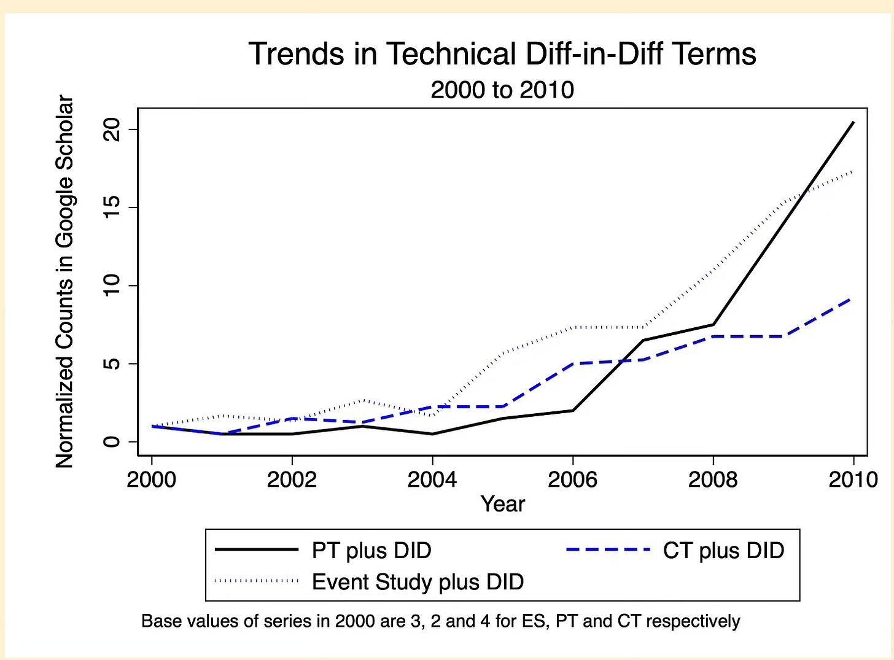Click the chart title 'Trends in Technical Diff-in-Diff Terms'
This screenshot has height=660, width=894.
pyautogui.click(x=502, y=54)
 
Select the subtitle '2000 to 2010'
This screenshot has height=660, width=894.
pyautogui.click(x=502, y=90)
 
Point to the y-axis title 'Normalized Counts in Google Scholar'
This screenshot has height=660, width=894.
pyautogui.click(x=64, y=282)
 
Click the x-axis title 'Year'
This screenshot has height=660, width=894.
pyautogui.click(x=502, y=504)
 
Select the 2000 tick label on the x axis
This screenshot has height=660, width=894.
pyautogui.click(x=152, y=479)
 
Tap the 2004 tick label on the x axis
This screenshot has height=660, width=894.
pyautogui.click(x=432, y=479)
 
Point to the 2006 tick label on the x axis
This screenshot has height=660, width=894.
pyautogui.click(x=572, y=479)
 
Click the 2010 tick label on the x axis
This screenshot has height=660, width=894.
pyautogui.click(x=853, y=479)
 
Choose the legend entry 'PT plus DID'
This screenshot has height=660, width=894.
pyautogui.click(x=371, y=551)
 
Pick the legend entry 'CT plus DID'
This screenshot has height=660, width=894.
pyautogui.click(x=723, y=551)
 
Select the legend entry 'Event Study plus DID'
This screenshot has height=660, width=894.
pyautogui.click(x=418, y=581)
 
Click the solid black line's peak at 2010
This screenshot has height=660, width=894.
pyautogui.click(x=853, y=122)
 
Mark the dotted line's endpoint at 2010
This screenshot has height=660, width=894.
pyautogui.click(x=852, y=172)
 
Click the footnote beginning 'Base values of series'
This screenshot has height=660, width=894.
pyautogui.click(x=440, y=621)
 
